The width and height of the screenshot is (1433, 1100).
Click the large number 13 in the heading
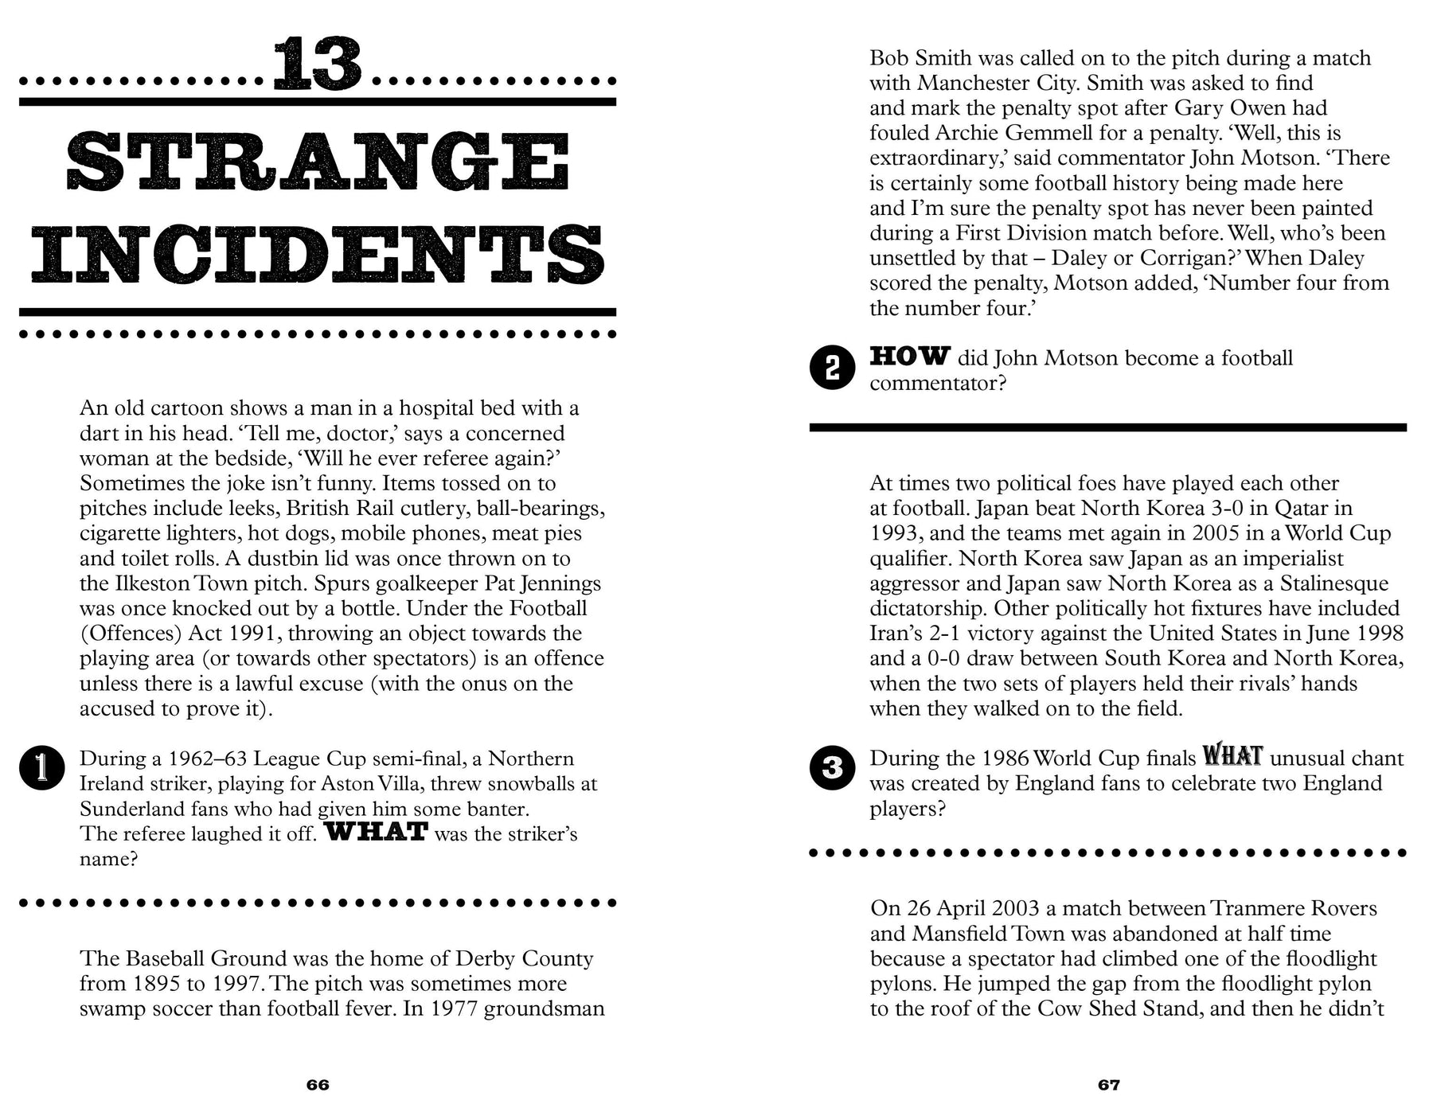tap(318, 64)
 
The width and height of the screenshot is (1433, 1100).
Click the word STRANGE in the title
tap(318, 162)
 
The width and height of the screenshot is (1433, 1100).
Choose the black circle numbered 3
tap(832, 768)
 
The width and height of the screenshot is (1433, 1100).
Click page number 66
tap(318, 1085)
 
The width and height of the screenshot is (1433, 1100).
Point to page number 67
tap(1109, 1085)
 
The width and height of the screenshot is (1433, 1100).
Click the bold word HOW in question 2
tap(909, 356)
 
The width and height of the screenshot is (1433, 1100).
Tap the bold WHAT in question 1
tap(377, 833)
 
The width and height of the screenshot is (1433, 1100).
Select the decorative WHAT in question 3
tap(1232, 755)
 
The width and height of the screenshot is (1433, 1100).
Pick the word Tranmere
tap(1252, 909)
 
